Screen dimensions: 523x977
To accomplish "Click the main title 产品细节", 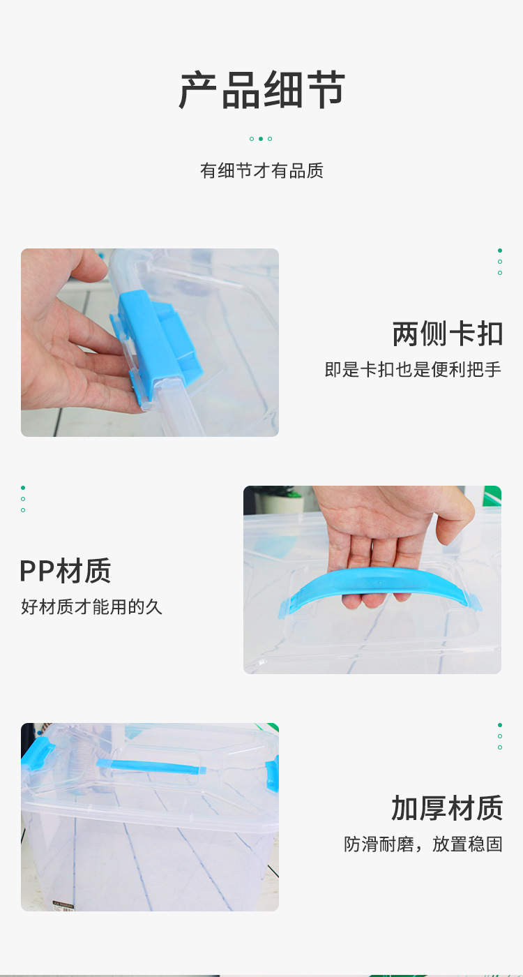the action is [x=261, y=90].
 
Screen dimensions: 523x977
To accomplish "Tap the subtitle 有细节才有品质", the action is [x=261, y=170].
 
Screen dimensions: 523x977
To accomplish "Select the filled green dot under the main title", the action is [x=261, y=139].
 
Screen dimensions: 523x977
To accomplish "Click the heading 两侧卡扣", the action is [x=448, y=334].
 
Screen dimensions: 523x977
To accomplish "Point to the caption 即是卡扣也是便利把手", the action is [x=413, y=369].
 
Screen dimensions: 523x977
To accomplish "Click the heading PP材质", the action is [x=66, y=571].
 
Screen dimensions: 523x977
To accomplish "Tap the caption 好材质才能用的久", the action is [x=91, y=606].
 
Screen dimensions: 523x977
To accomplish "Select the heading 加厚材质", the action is [x=448, y=808].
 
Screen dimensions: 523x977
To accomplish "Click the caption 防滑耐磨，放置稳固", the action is [x=423, y=844].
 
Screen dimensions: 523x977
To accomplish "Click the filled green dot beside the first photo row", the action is [x=500, y=251].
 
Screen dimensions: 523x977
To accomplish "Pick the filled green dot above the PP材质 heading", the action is [x=23, y=488].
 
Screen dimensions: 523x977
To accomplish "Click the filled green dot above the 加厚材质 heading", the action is [x=500, y=725].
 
